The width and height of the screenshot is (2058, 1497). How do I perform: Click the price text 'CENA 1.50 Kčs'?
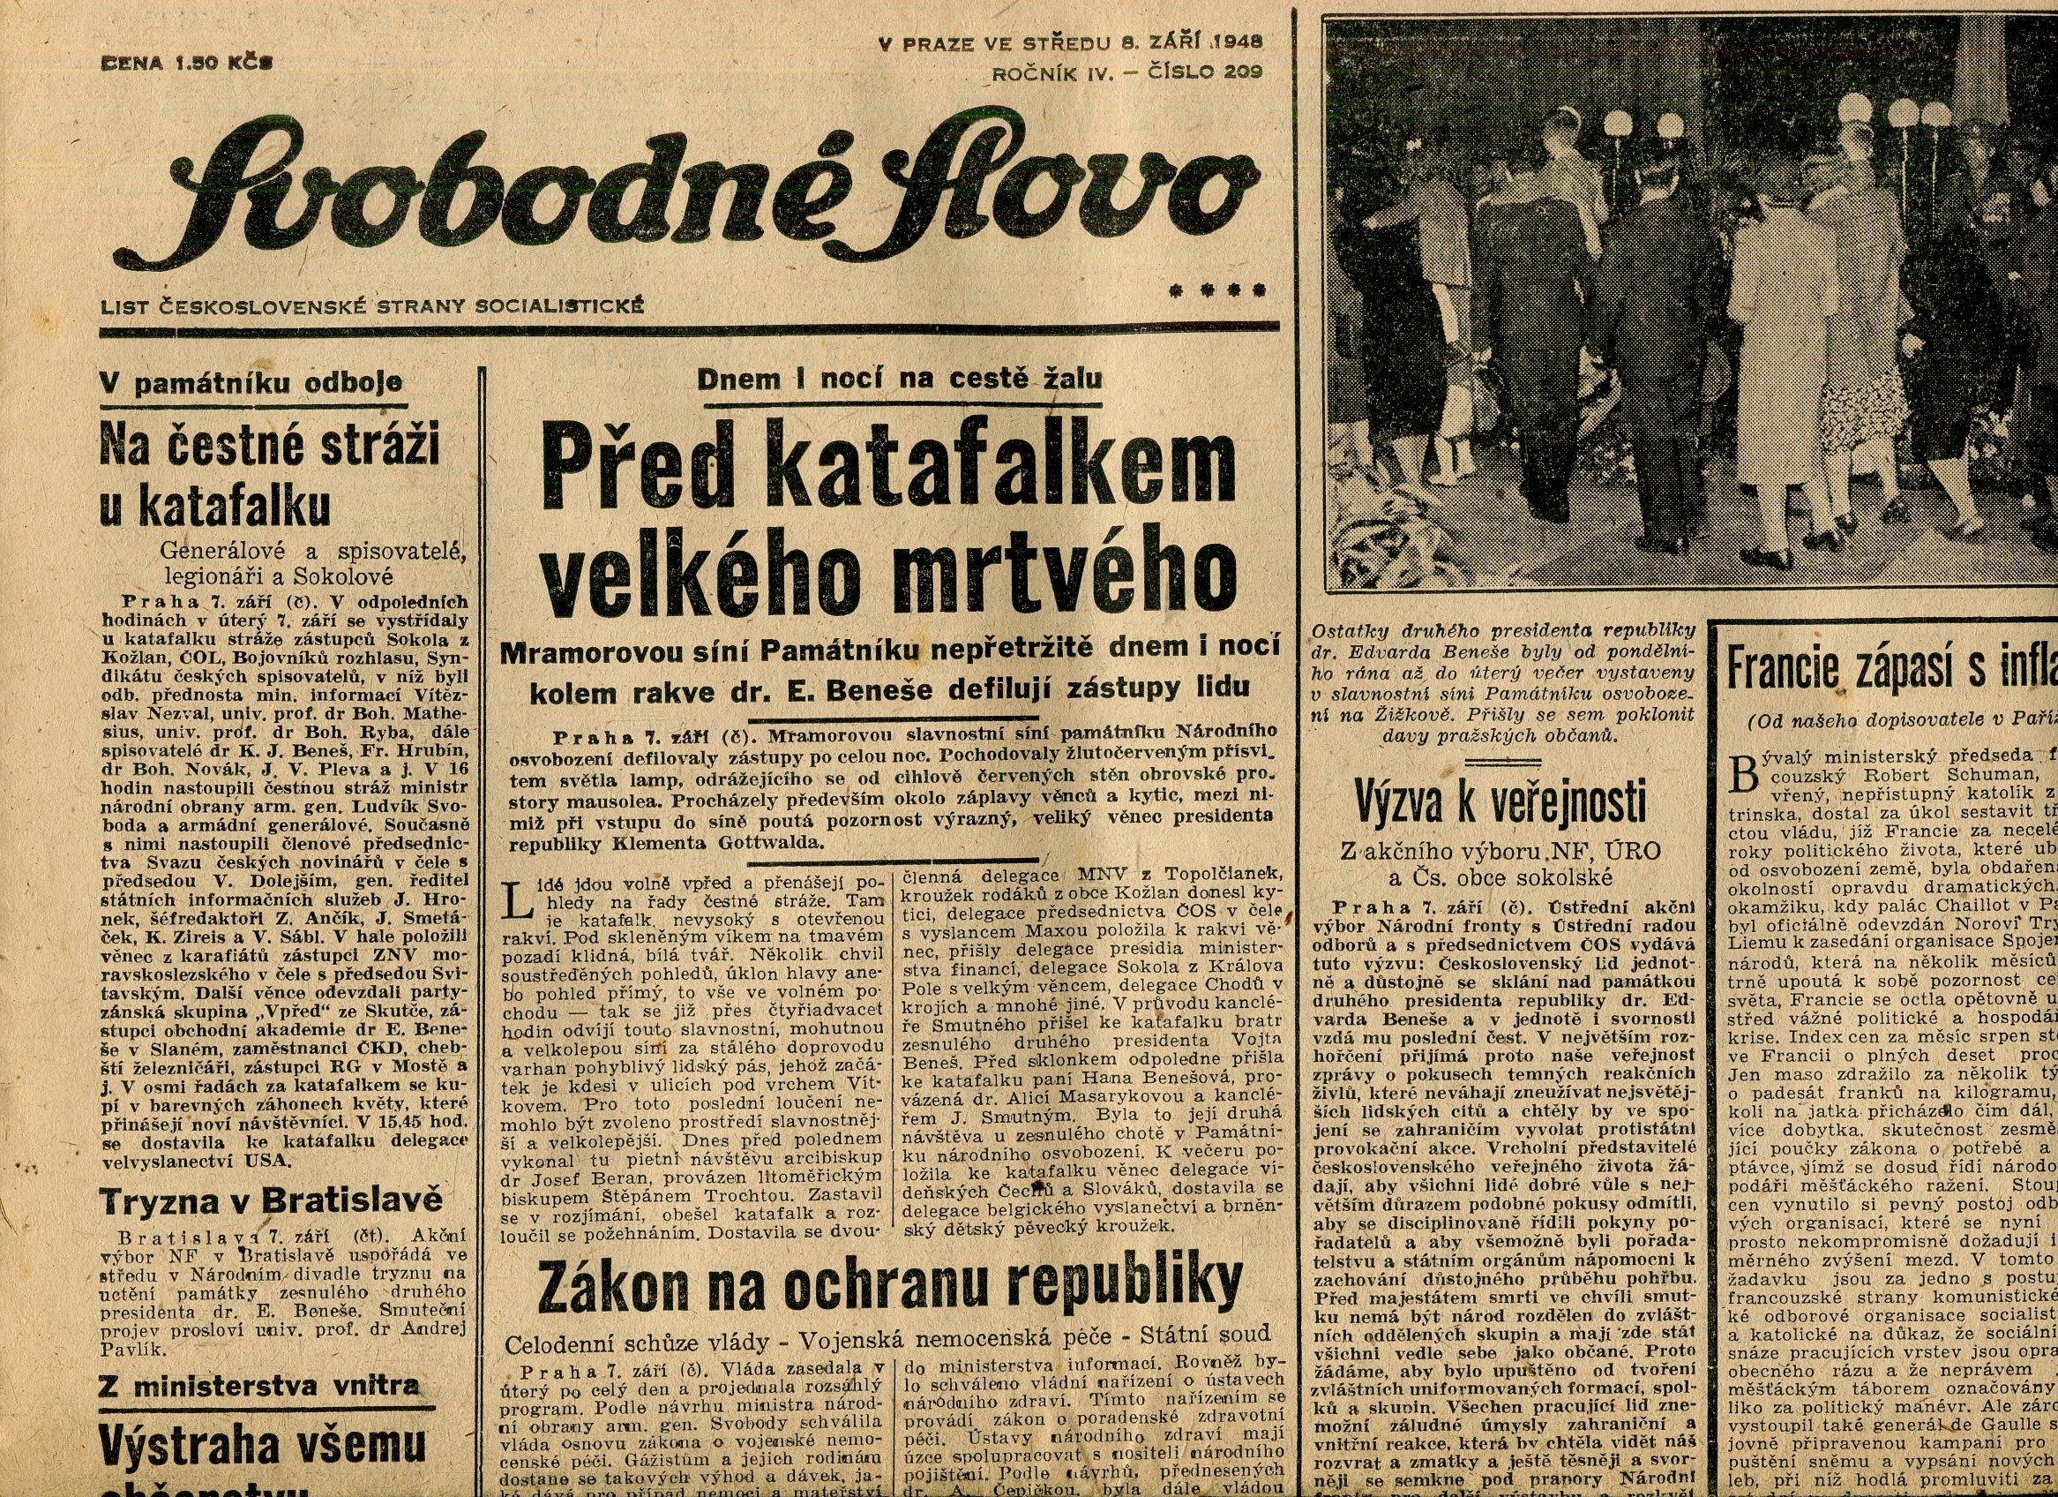(x=187, y=63)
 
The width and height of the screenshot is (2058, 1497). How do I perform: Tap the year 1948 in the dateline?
(x=1236, y=41)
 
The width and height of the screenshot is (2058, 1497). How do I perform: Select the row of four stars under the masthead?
(x=1216, y=291)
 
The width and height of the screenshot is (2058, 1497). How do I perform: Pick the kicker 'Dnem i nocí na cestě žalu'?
(x=899, y=378)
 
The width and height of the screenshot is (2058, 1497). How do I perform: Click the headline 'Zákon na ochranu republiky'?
(x=889, y=1283)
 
